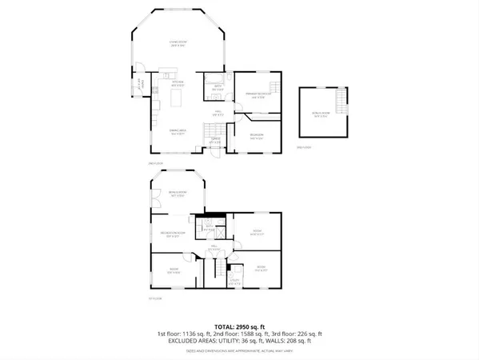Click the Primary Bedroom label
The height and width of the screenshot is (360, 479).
[257, 97]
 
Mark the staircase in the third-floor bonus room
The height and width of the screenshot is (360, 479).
[342, 102]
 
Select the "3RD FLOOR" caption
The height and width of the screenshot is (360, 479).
[302, 148]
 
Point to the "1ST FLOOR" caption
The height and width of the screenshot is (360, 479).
[154, 298]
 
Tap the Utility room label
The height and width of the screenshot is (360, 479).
[236, 281]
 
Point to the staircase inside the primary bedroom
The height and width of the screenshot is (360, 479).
[275, 86]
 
